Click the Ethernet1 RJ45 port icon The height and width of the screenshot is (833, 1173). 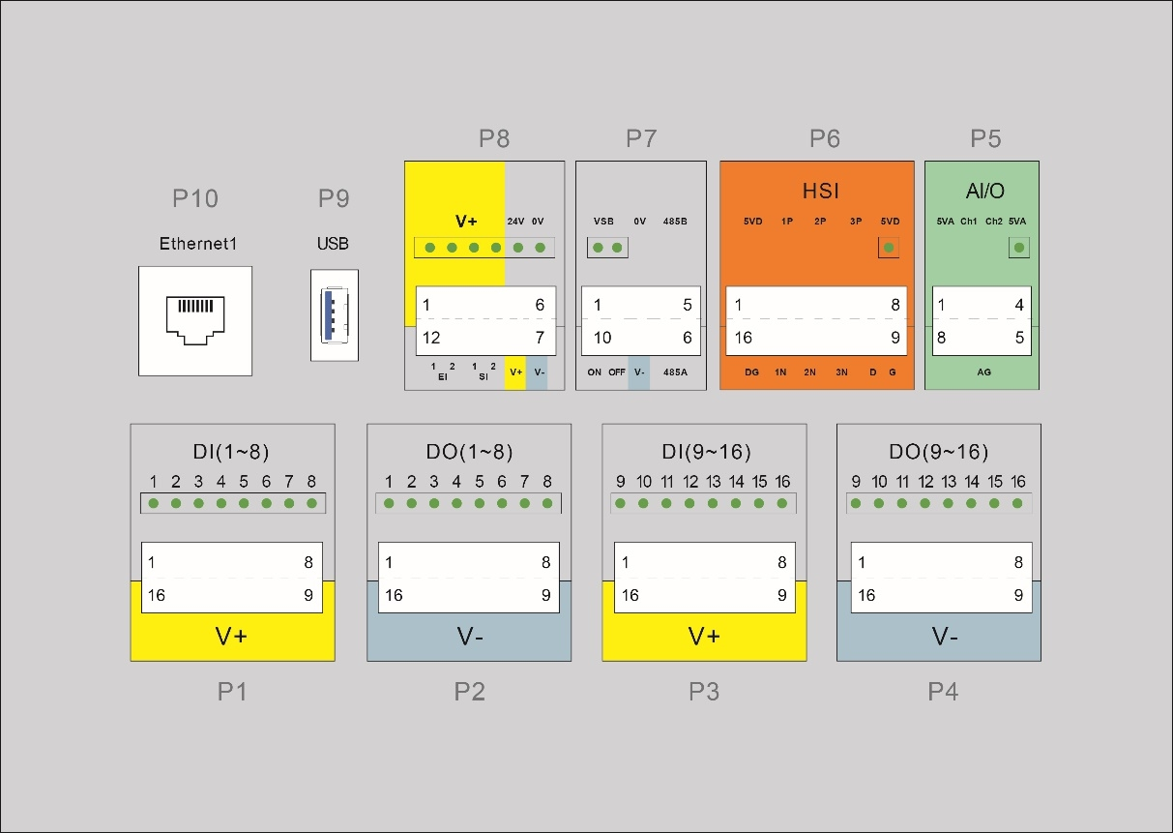[194, 320]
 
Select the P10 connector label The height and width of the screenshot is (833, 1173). [195, 198]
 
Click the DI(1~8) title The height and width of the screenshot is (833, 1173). [232, 452]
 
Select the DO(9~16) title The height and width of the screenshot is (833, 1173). [938, 452]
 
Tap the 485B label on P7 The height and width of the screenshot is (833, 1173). [675, 222]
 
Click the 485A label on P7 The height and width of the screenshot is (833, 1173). [675, 372]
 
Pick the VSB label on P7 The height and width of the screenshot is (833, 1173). [603, 222]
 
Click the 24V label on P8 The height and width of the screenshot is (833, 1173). [515, 222]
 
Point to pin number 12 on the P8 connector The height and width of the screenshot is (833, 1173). [430, 338]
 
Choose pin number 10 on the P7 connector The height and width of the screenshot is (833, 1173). [601, 338]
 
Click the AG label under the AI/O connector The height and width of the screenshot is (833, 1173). [983, 372]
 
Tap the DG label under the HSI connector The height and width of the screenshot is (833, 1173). [752, 372]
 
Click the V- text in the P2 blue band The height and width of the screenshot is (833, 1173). [469, 637]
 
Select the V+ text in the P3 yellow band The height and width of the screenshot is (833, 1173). [704, 637]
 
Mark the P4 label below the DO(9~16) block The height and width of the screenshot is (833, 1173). [943, 692]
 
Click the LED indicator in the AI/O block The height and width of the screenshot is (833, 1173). [1016, 249]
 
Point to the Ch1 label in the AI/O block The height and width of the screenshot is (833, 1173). [969, 222]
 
